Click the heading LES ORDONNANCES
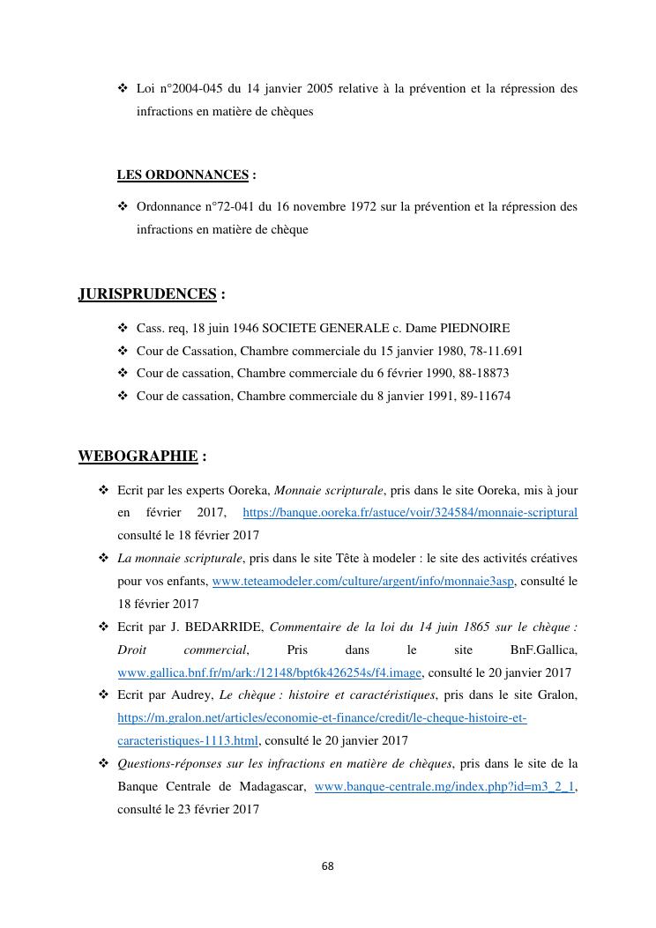point(183,174)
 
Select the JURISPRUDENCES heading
point(147,293)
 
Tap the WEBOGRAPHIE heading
point(138,456)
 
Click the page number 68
point(328,865)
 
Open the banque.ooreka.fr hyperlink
point(410,512)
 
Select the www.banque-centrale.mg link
point(444,786)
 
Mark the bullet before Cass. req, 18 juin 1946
point(123,328)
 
